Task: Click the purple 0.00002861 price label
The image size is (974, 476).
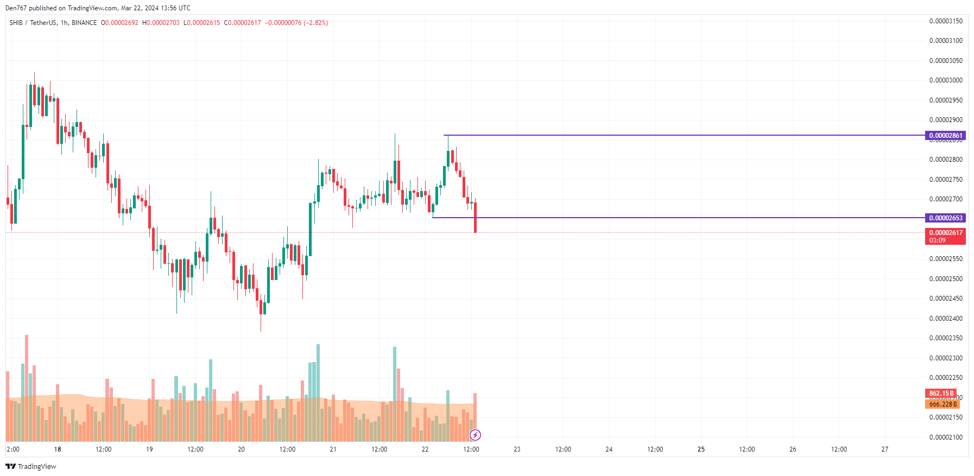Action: (x=945, y=136)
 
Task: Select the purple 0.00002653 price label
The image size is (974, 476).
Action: (x=945, y=218)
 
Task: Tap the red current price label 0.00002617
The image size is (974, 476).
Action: (x=945, y=233)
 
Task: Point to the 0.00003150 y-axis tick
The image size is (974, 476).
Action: (x=946, y=21)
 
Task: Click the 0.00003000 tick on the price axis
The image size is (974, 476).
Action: (x=946, y=80)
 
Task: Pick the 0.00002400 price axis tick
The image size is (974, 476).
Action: (x=946, y=319)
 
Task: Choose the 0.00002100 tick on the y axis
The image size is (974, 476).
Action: (x=946, y=437)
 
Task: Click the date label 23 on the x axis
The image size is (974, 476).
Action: (x=517, y=449)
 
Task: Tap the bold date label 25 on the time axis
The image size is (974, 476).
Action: (x=701, y=449)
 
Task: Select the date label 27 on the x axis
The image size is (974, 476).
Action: (x=885, y=449)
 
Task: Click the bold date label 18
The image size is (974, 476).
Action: (x=58, y=449)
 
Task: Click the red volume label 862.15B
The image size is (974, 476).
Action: (x=941, y=394)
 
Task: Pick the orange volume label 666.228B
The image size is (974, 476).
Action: (x=942, y=404)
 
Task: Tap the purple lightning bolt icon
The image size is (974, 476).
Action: (x=475, y=435)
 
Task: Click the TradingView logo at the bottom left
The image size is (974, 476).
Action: (x=31, y=467)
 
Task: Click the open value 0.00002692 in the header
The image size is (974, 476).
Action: (x=122, y=23)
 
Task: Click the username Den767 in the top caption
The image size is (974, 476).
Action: (x=16, y=8)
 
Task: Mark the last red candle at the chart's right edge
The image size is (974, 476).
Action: (x=476, y=217)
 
